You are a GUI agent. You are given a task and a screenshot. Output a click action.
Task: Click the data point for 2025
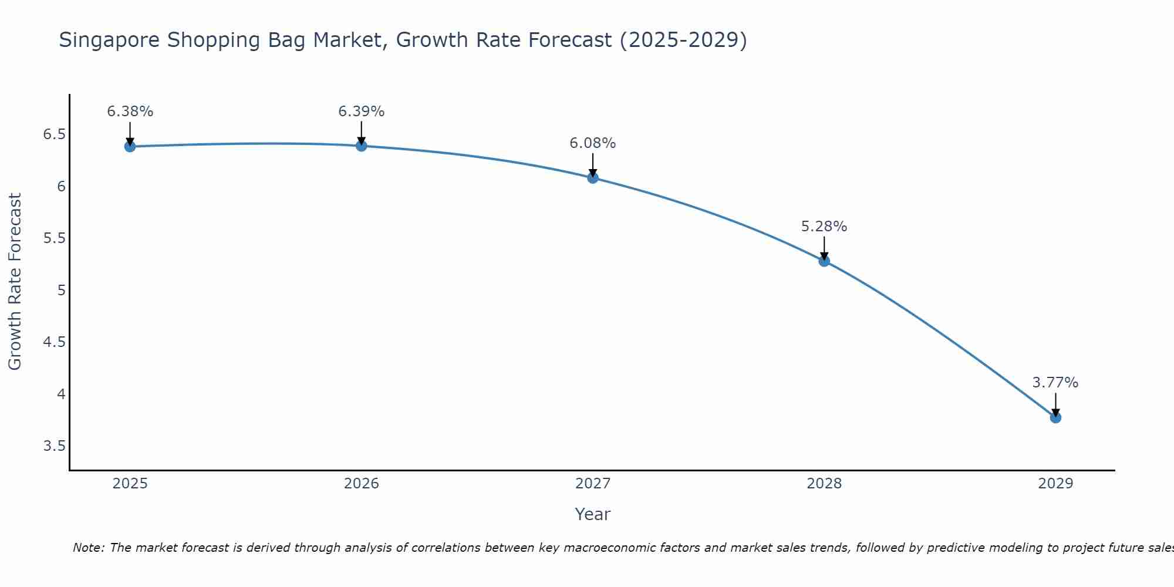click(x=130, y=146)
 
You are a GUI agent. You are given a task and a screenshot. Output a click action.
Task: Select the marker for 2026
click(x=362, y=146)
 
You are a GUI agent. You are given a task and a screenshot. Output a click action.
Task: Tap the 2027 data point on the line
click(x=593, y=177)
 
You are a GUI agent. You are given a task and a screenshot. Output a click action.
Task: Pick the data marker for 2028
click(x=824, y=261)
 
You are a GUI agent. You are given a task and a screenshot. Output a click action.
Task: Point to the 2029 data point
click(x=1055, y=417)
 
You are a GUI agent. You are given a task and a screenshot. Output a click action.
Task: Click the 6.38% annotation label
click(x=130, y=112)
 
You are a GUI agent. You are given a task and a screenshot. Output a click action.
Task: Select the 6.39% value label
click(x=362, y=112)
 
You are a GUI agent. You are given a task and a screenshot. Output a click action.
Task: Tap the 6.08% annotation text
click(x=593, y=143)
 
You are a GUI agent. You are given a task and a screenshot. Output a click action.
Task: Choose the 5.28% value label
click(x=824, y=227)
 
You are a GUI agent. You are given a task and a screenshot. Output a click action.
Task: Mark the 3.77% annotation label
click(x=1055, y=383)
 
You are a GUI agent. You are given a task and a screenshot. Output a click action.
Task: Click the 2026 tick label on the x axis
click(x=362, y=484)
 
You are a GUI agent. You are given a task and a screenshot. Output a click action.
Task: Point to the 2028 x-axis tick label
click(x=824, y=484)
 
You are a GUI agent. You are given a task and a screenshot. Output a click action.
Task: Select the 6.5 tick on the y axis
click(x=54, y=134)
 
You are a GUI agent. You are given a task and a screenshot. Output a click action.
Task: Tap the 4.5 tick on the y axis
click(x=54, y=342)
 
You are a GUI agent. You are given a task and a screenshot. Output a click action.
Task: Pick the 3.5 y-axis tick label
click(x=54, y=446)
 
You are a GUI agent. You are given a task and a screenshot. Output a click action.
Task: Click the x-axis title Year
click(x=593, y=514)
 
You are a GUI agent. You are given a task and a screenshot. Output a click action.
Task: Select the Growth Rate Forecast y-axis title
click(x=15, y=282)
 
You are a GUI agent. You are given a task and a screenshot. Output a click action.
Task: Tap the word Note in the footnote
click(x=87, y=548)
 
